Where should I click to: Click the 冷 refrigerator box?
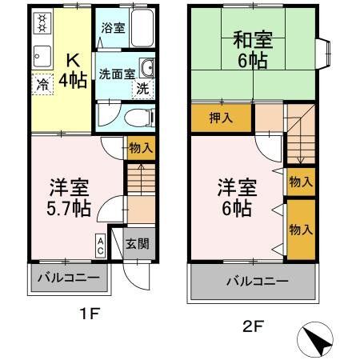click(40, 82)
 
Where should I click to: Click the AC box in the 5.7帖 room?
click(102, 245)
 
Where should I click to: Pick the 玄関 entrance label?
click(137, 245)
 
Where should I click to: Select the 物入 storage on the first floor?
click(141, 147)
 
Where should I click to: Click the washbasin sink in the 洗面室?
click(146, 67)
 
